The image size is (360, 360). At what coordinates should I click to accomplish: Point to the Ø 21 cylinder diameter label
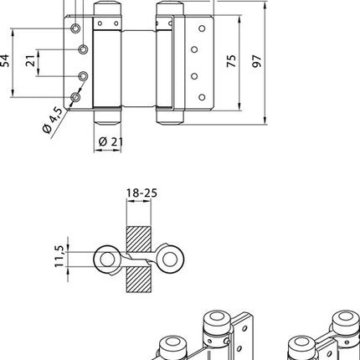(111, 141)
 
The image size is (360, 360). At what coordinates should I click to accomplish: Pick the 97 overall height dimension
(258, 62)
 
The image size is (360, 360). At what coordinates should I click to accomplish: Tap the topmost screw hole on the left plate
(76, 28)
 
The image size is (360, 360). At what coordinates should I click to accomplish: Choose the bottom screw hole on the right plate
(200, 97)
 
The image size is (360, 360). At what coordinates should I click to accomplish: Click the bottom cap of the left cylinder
(105, 116)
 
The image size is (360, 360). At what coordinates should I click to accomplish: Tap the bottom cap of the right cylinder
(167, 116)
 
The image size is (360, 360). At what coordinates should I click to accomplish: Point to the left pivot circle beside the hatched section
(106, 257)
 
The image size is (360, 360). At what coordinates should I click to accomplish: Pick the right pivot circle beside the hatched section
(171, 259)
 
